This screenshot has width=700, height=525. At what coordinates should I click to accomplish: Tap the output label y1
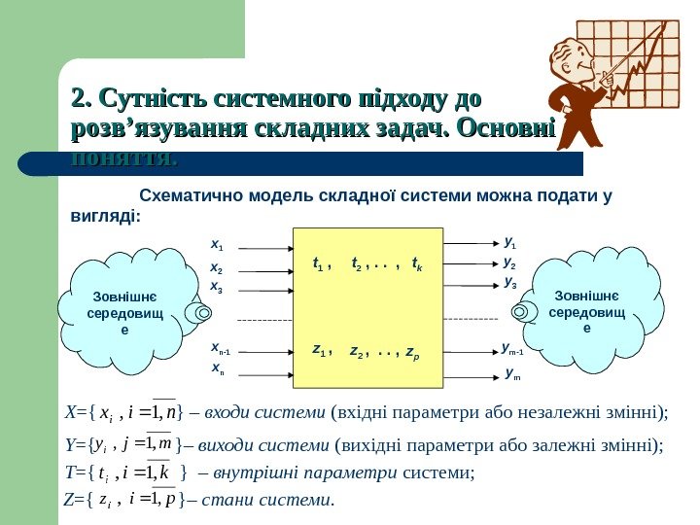click(510, 244)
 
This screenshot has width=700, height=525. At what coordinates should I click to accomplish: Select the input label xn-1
click(219, 347)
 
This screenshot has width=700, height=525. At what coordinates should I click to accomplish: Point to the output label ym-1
click(513, 348)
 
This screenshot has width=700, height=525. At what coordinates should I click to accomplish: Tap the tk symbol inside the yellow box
click(416, 262)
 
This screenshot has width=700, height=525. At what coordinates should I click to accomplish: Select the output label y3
click(510, 283)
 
